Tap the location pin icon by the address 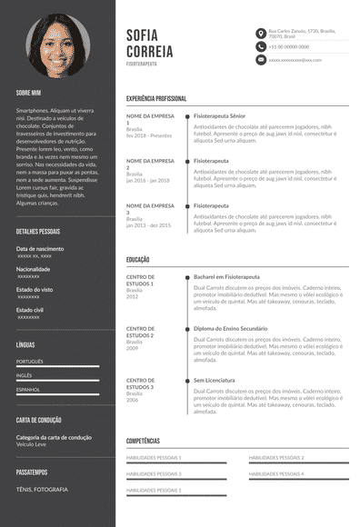pos(261,32)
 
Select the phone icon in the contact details pos(261,45)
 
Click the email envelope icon pos(261,59)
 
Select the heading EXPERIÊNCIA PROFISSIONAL pos(156,98)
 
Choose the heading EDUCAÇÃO pos(138,260)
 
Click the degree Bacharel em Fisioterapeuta pos(226,276)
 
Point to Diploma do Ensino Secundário pos(230,328)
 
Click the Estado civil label pos(31,310)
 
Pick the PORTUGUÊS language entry pos(30,361)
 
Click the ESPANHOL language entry pos(29,388)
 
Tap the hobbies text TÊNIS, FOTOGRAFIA pos(42,489)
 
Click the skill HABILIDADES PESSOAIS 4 pos(276,473)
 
